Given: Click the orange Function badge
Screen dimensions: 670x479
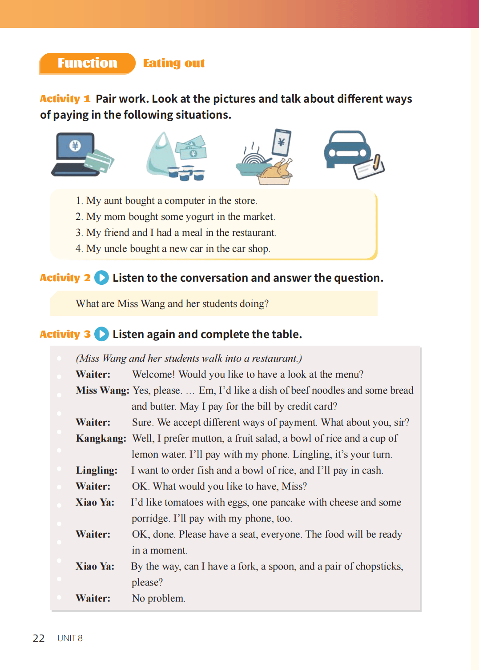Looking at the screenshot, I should coord(87,63).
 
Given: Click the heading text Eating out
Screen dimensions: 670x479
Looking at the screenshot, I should coord(174,63).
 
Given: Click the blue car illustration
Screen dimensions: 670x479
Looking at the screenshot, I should coord(347,149).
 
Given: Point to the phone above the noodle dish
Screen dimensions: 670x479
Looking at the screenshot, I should coord(282,142).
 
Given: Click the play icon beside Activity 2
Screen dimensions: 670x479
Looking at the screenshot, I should coord(101,278).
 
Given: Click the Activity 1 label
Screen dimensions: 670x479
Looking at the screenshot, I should coord(65,99).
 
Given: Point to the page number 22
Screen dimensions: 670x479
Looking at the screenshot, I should coord(39,638).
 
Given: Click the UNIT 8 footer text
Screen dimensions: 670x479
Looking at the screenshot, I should coord(70,638).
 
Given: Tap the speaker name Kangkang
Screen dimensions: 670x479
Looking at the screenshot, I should coord(101,439).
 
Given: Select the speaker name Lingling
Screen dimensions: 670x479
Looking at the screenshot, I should coord(97,471).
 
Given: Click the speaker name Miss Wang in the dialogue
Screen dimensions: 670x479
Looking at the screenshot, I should coord(102,391).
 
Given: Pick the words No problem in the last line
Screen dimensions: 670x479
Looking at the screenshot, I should coord(158,598).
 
